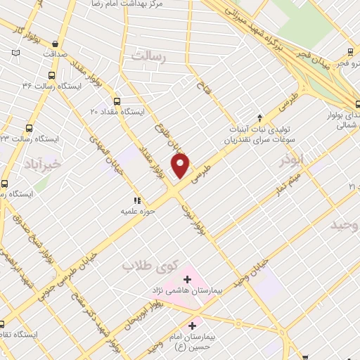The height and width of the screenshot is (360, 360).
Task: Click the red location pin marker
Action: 181,167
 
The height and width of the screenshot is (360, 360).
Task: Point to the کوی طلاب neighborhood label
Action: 148,266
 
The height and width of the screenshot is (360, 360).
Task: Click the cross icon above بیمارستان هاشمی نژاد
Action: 186,278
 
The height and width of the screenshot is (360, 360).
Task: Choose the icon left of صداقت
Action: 15,52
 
